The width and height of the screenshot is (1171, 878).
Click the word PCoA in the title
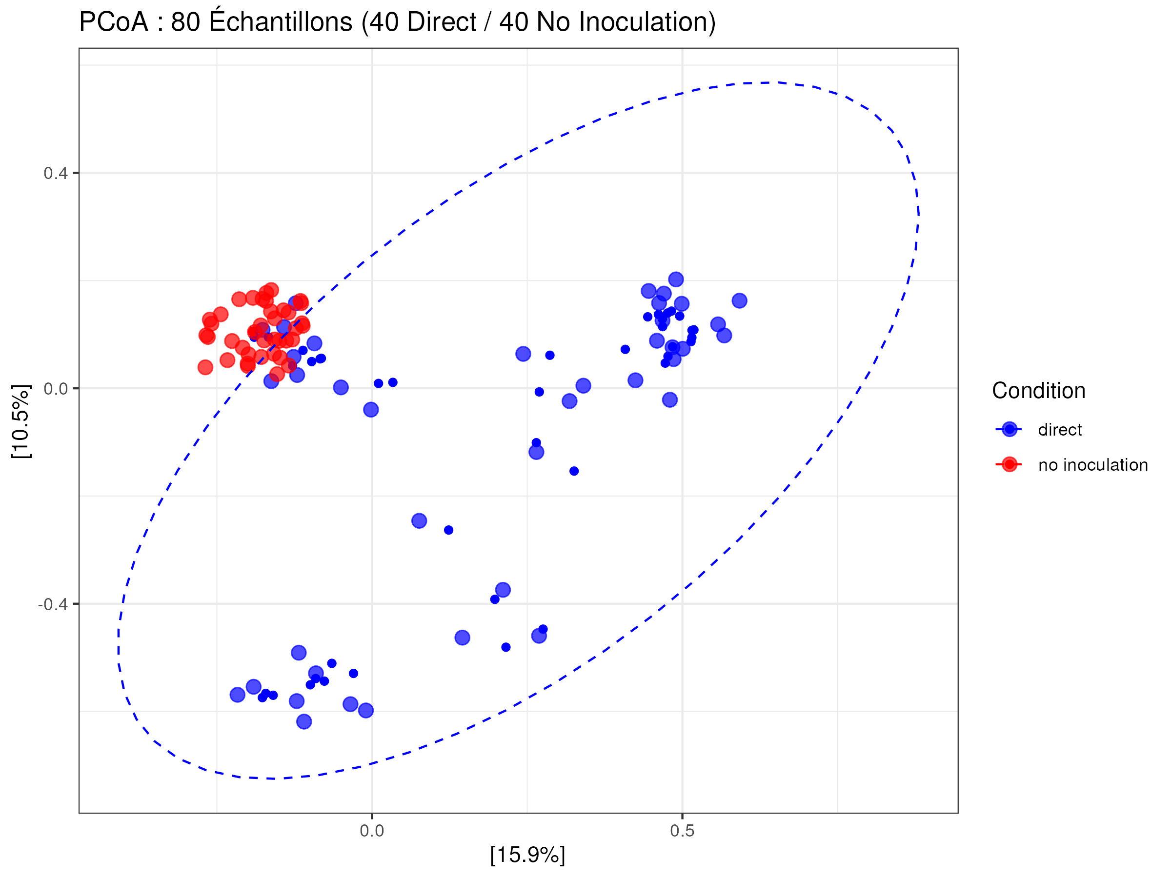[113, 22]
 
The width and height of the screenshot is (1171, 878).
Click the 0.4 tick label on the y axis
[56, 173]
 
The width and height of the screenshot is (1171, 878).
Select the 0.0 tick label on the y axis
[56, 389]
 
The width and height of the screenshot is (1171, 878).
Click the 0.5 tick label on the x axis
[682, 831]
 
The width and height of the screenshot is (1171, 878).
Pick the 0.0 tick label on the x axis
[372, 831]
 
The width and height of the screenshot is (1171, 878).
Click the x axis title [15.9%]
[527, 855]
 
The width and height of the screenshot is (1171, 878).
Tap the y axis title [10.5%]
[21, 421]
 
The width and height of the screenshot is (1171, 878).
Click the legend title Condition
[1038, 391]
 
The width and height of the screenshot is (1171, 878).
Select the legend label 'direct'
[1059, 430]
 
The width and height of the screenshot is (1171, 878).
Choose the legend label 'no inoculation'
[1092, 465]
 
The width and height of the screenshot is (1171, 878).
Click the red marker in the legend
[1009, 465]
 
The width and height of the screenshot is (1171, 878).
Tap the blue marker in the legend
[1009, 429]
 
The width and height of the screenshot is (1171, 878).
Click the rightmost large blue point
[739, 300]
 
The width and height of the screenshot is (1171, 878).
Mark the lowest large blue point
[304, 721]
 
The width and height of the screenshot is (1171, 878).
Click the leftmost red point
[205, 367]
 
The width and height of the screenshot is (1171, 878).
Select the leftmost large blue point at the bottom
[238, 695]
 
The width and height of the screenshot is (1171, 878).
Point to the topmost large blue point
[675, 279]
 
